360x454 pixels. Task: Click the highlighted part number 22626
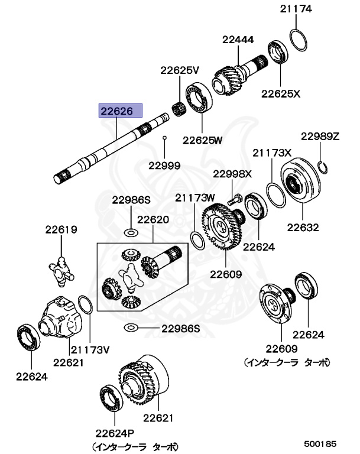120,110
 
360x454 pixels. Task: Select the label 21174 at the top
296,9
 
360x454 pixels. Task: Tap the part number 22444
238,40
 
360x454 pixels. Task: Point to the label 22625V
180,70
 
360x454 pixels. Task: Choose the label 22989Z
320,136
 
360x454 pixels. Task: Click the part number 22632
303,227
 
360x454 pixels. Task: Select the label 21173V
90,349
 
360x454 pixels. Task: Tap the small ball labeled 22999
165,138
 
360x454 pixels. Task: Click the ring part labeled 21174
298,40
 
